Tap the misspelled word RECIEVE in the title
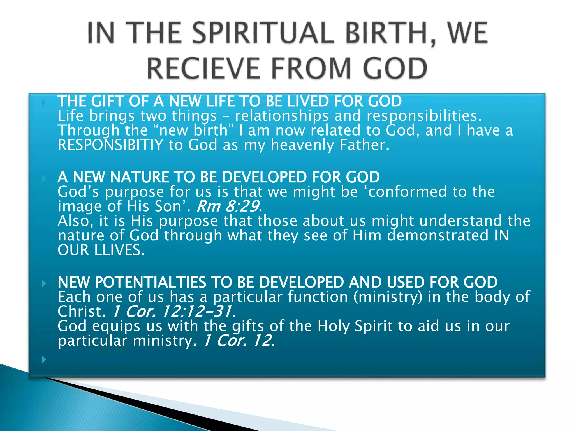203,68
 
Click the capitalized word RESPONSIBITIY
110,145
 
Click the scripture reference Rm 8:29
228,206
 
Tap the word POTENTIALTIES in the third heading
150,282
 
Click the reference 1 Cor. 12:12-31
172,311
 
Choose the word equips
116,326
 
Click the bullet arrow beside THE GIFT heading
44,102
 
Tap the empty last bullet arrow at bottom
44,359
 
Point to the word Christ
80,311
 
